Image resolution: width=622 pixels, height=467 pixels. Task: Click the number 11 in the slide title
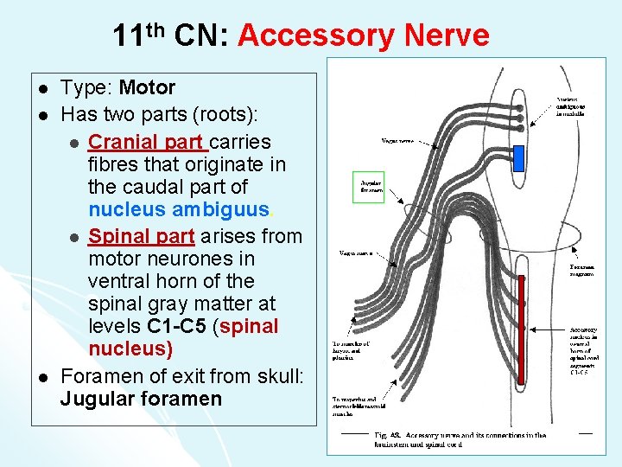128,36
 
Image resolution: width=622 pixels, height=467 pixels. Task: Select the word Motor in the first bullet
147,87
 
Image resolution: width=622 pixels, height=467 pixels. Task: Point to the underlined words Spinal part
142,235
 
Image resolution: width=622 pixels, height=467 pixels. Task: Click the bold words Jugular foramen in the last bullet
141,399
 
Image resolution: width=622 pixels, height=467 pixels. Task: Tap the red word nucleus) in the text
130,349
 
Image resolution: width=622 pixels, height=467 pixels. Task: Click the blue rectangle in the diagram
519,157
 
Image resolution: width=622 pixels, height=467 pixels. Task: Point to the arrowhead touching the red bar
530,329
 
